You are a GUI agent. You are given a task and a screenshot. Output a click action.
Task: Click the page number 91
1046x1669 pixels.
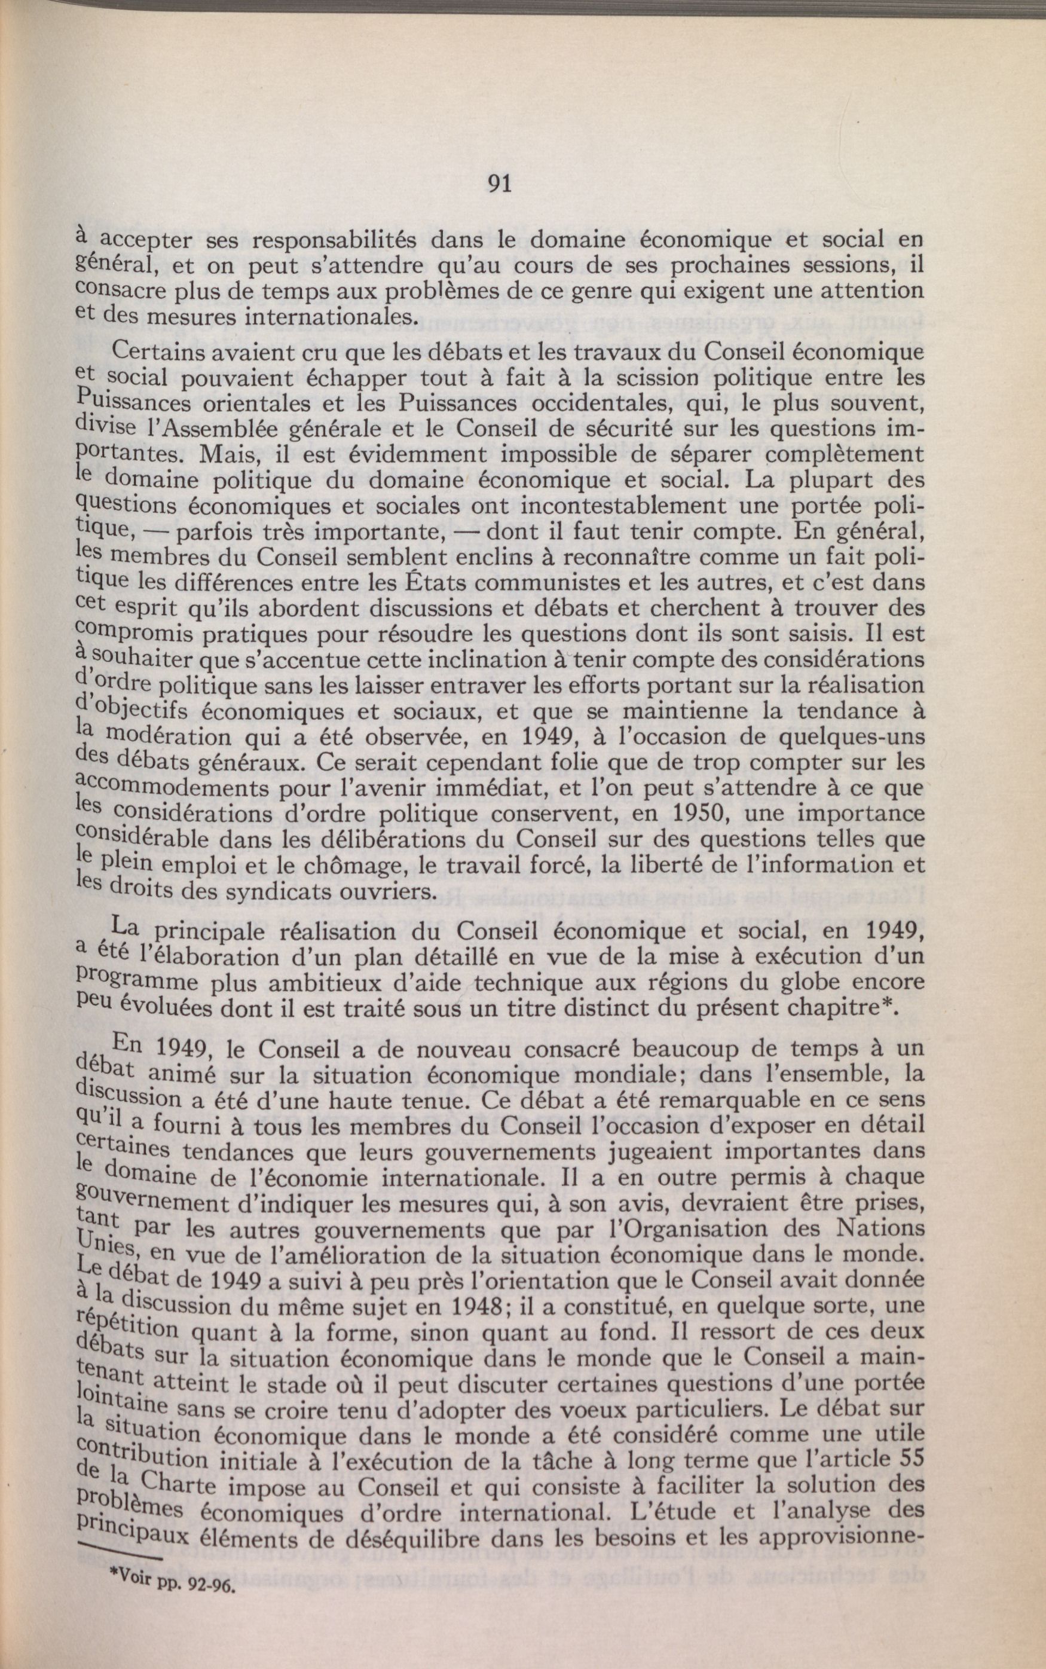click(500, 184)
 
